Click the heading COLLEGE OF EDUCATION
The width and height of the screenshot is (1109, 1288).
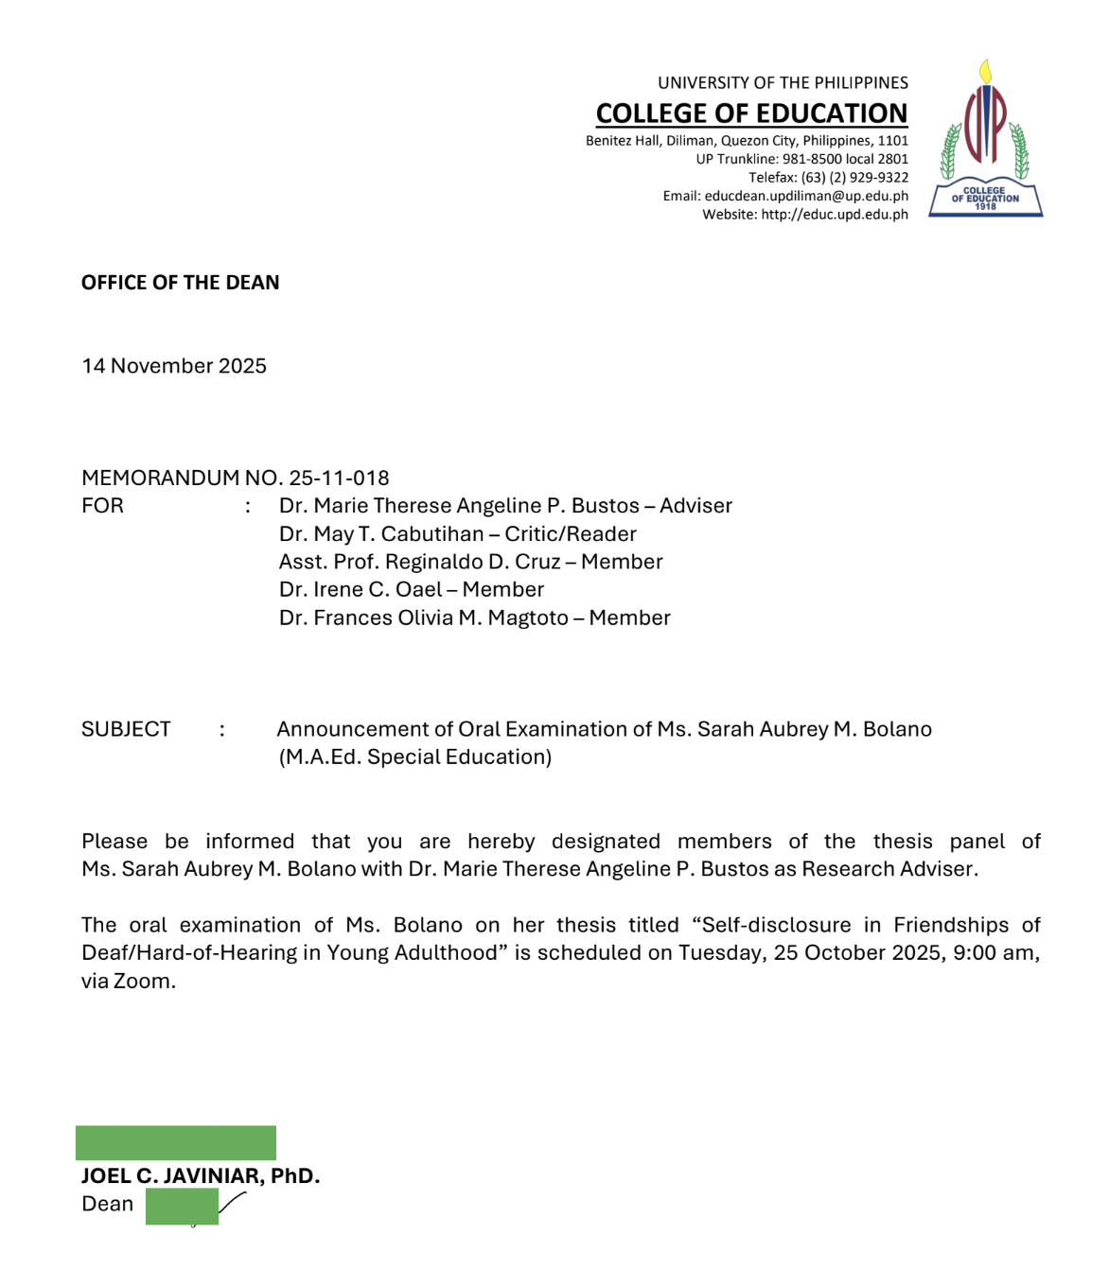[x=751, y=113]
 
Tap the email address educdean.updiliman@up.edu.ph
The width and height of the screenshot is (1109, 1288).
[x=806, y=196]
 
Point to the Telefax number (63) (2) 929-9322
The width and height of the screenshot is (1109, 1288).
[x=854, y=178]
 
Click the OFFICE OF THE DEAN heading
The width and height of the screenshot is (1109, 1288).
[x=180, y=283]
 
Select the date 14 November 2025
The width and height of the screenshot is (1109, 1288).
[x=174, y=366]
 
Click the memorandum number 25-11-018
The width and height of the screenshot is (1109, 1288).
[x=339, y=479]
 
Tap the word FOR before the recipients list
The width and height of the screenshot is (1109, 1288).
[x=102, y=506]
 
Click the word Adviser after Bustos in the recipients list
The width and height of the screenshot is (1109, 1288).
[x=695, y=506]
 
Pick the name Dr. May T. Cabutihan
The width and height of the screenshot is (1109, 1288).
[x=381, y=534]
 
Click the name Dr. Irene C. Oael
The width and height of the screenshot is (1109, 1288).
[x=361, y=590]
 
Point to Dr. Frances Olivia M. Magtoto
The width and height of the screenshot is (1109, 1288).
[x=423, y=618]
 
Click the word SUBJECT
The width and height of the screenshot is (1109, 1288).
[x=126, y=729]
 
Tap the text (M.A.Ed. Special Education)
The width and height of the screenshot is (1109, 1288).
[x=414, y=757]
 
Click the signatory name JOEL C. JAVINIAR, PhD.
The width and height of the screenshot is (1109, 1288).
[x=201, y=1176]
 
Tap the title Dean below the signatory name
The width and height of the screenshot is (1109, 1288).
[x=107, y=1204]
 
